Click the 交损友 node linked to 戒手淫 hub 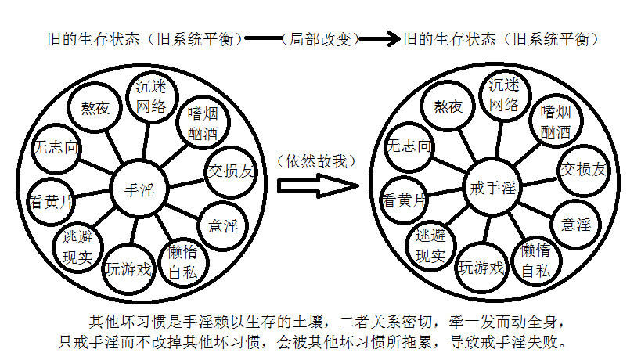(585, 169)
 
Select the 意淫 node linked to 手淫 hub (223, 225)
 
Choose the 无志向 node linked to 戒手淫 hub (408, 146)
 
